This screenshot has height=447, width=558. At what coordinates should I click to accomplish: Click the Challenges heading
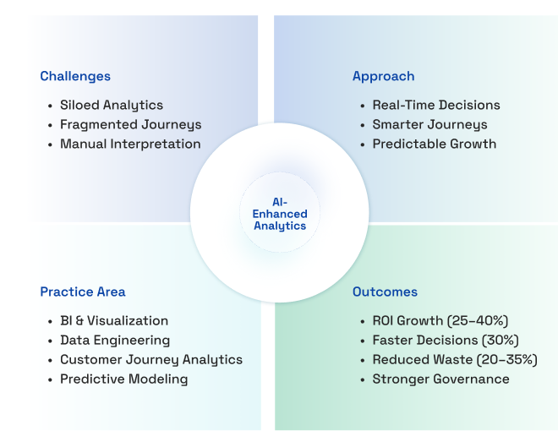pyautogui.click(x=75, y=76)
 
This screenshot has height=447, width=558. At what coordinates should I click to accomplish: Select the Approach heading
pyautogui.click(x=383, y=76)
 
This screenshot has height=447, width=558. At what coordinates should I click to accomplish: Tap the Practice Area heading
pyautogui.click(x=83, y=292)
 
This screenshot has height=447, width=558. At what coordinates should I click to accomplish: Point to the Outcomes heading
pyautogui.click(x=385, y=292)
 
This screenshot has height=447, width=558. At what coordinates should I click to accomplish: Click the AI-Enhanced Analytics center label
pyautogui.click(x=280, y=214)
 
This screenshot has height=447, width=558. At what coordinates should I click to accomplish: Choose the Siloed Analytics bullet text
pyautogui.click(x=112, y=106)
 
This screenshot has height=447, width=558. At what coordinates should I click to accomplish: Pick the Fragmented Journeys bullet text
pyautogui.click(x=130, y=125)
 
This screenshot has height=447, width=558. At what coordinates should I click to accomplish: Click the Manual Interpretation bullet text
pyautogui.click(x=130, y=144)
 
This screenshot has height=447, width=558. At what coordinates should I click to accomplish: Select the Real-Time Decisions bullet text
pyautogui.click(x=436, y=106)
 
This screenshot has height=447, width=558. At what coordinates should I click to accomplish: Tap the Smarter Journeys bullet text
pyautogui.click(x=429, y=125)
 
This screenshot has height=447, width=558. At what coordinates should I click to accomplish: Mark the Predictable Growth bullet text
pyautogui.click(x=435, y=144)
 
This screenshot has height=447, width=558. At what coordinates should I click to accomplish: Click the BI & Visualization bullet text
pyautogui.click(x=114, y=321)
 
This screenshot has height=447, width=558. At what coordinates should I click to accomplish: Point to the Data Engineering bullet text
pyautogui.click(x=115, y=341)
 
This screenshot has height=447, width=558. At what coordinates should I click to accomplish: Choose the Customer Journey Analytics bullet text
pyautogui.click(x=151, y=360)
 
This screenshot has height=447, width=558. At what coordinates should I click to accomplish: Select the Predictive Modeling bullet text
pyautogui.click(x=123, y=379)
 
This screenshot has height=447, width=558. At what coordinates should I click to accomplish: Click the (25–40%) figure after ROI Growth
pyautogui.click(x=477, y=321)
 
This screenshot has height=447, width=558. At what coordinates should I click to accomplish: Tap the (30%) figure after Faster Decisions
pyautogui.click(x=500, y=341)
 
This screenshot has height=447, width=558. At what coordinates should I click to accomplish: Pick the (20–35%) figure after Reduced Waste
pyautogui.click(x=506, y=360)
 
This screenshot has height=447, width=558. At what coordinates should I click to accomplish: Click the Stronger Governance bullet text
pyautogui.click(x=440, y=379)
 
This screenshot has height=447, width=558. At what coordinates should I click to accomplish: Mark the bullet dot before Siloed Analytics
pyautogui.click(x=50, y=106)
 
